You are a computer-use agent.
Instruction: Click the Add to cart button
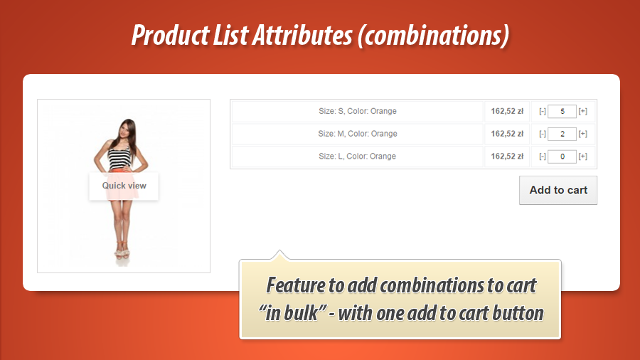click(558, 190)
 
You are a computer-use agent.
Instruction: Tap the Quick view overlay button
click(124, 186)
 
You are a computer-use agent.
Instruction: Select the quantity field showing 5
click(562, 111)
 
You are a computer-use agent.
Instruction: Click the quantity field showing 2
click(562, 134)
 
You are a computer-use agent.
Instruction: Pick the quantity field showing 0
click(562, 157)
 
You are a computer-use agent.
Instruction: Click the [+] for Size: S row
click(583, 111)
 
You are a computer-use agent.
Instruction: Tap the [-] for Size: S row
click(542, 111)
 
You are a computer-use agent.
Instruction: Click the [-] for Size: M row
click(542, 134)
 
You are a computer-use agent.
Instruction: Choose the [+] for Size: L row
click(583, 157)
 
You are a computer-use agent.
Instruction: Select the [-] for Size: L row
click(542, 157)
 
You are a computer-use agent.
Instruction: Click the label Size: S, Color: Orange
click(357, 111)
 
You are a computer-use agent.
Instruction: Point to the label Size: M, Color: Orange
click(357, 134)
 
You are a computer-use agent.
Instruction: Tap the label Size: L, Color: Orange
click(357, 157)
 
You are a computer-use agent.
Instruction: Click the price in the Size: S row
click(507, 111)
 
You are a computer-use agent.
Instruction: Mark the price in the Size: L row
click(507, 157)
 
